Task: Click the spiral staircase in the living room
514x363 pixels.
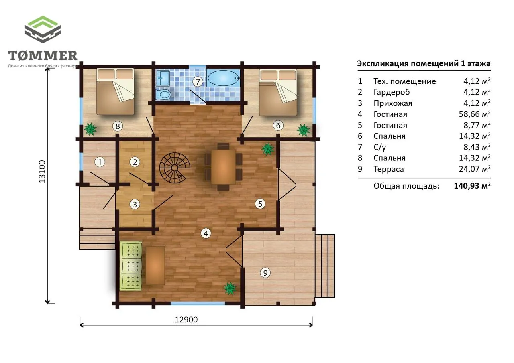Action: point(175,168)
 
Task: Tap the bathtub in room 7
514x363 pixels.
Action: point(223,78)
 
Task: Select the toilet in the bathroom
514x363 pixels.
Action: point(163,94)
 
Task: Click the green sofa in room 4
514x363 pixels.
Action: point(131,266)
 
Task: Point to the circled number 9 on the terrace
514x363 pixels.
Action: point(265,273)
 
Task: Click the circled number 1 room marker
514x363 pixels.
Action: point(100,162)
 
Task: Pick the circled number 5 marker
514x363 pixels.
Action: point(260,203)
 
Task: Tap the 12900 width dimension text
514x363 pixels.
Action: point(186,320)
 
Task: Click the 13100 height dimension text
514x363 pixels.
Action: point(42,171)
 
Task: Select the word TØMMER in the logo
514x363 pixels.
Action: point(43,55)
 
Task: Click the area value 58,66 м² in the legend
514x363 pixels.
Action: point(474,114)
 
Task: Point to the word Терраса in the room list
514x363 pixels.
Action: point(388,169)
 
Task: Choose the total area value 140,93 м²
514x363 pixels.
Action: point(472,186)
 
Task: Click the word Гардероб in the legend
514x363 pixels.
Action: point(392,92)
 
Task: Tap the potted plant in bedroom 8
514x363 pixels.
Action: point(90,129)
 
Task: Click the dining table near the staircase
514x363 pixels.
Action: point(223,167)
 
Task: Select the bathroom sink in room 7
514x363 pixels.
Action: point(163,78)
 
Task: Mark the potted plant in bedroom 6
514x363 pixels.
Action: point(303,130)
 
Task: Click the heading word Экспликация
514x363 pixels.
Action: point(383,63)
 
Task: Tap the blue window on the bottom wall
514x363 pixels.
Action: point(198,303)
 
